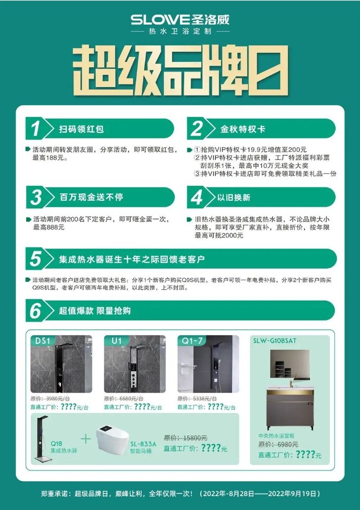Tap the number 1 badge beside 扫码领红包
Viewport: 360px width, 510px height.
click(x=35, y=129)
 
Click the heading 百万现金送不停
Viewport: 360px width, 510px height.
click(x=91, y=197)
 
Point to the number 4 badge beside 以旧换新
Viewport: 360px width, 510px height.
click(x=197, y=197)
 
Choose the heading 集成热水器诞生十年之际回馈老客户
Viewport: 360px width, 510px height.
click(x=132, y=259)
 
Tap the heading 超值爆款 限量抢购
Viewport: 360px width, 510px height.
click(x=95, y=311)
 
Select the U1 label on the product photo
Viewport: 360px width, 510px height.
click(x=116, y=341)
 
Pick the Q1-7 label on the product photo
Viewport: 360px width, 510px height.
click(x=192, y=341)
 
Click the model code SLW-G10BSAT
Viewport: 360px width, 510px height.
click(x=275, y=341)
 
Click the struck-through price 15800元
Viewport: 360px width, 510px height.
click(x=195, y=438)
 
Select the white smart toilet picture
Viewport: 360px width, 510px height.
click(x=112, y=440)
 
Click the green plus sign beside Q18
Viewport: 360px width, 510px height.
click(x=85, y=439)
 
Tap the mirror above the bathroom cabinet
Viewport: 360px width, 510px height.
click(x=289, y=364)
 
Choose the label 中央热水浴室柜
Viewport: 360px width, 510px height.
click(x=276, y=436)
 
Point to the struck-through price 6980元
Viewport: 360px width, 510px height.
click(x=288, y=444)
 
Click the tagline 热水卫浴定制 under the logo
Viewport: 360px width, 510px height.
click(x=180, y=32)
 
